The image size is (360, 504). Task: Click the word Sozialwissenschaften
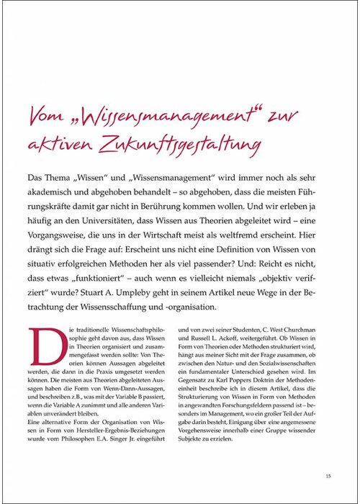coord(296,368)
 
